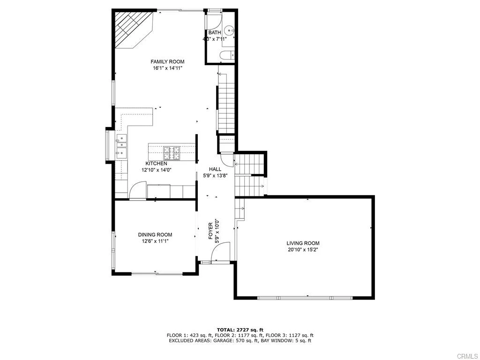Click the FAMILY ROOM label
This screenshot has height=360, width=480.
[167, 61]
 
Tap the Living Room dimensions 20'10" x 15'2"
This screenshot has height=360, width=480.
[303, 250]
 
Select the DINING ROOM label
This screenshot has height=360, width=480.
[155, 235]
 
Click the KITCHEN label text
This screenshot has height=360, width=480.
[157, 164]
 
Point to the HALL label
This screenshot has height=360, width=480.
[215, 169]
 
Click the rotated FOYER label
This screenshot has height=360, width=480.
[210, 232]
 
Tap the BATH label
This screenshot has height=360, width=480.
[215, 32]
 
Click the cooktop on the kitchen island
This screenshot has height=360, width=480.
[172, 151]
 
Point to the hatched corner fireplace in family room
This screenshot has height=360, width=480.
[133, 29]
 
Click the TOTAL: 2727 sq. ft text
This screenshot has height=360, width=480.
[240, 330]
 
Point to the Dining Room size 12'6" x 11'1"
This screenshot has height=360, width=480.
[155, 241]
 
